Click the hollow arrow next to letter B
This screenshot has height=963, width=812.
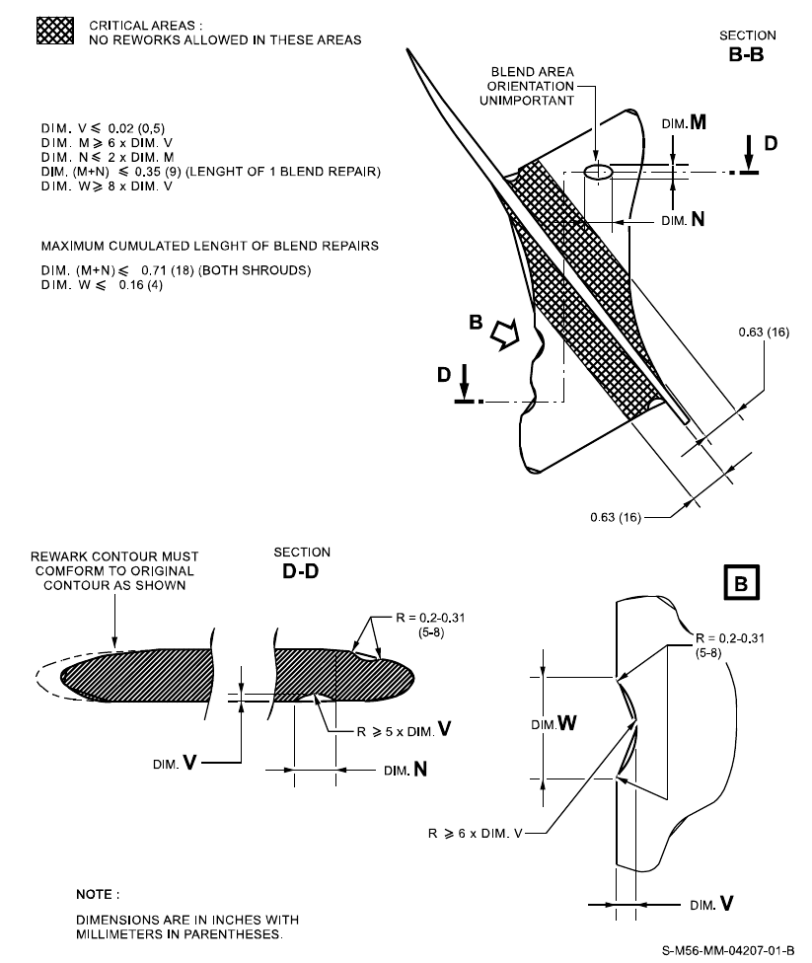click(x=502, y=337)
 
